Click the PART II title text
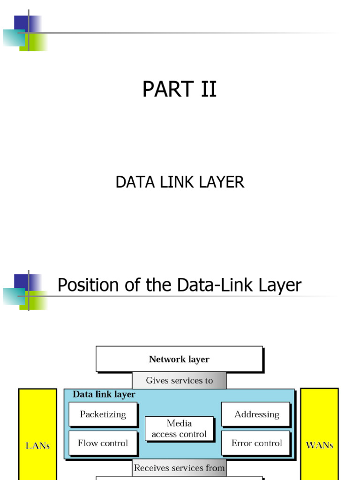coord(180,89)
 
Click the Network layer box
coord(179,360)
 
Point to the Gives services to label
coord(179,381)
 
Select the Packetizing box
coord(103,414)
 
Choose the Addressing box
coord(256,414)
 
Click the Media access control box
coord(179,428)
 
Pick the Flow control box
coord(103,443)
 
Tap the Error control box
coord(256,443)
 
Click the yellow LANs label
coord(37,445)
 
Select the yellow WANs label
coord(319,445)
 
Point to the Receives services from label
coord(179,468)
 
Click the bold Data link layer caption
coord(104,395)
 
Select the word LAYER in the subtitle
coord(223,182)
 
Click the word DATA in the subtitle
coord(132,182)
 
